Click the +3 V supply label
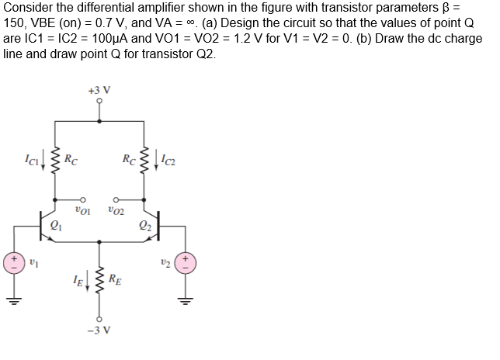100,89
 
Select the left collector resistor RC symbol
56,161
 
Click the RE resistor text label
115,279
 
